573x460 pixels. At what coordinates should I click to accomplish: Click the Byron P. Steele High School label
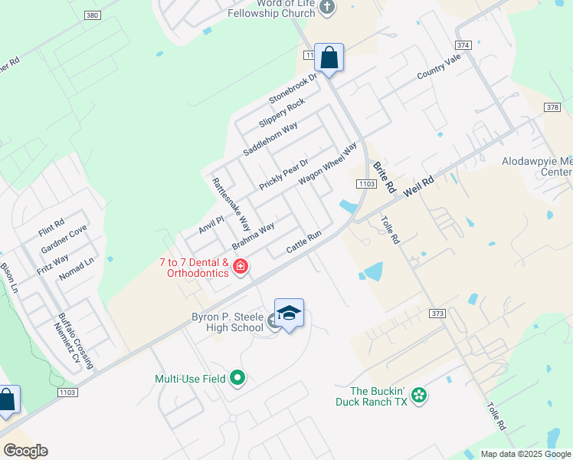point(228,323)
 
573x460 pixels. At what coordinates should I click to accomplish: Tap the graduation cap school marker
point(289,313)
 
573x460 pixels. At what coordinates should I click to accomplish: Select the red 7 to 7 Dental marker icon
point(241,267)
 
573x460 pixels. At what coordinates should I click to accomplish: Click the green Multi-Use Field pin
point(238,377)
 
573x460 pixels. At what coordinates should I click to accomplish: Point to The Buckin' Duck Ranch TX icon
point(418,396)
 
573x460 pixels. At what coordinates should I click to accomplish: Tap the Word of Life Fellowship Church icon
point(327,8)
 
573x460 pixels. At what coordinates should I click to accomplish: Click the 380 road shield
point(93,15)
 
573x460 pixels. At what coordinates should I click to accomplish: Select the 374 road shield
point(483,46)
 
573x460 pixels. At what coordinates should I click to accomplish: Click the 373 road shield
point(437,313)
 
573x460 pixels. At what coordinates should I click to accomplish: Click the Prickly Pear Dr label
point(283,175)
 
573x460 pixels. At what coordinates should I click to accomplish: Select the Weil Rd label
point(418,189)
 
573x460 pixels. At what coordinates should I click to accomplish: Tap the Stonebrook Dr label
point(292,90)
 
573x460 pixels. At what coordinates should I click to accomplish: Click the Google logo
point(25,451)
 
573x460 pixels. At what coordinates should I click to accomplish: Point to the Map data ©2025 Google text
point(526,454)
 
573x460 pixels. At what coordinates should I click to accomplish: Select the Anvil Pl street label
point(211,224)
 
